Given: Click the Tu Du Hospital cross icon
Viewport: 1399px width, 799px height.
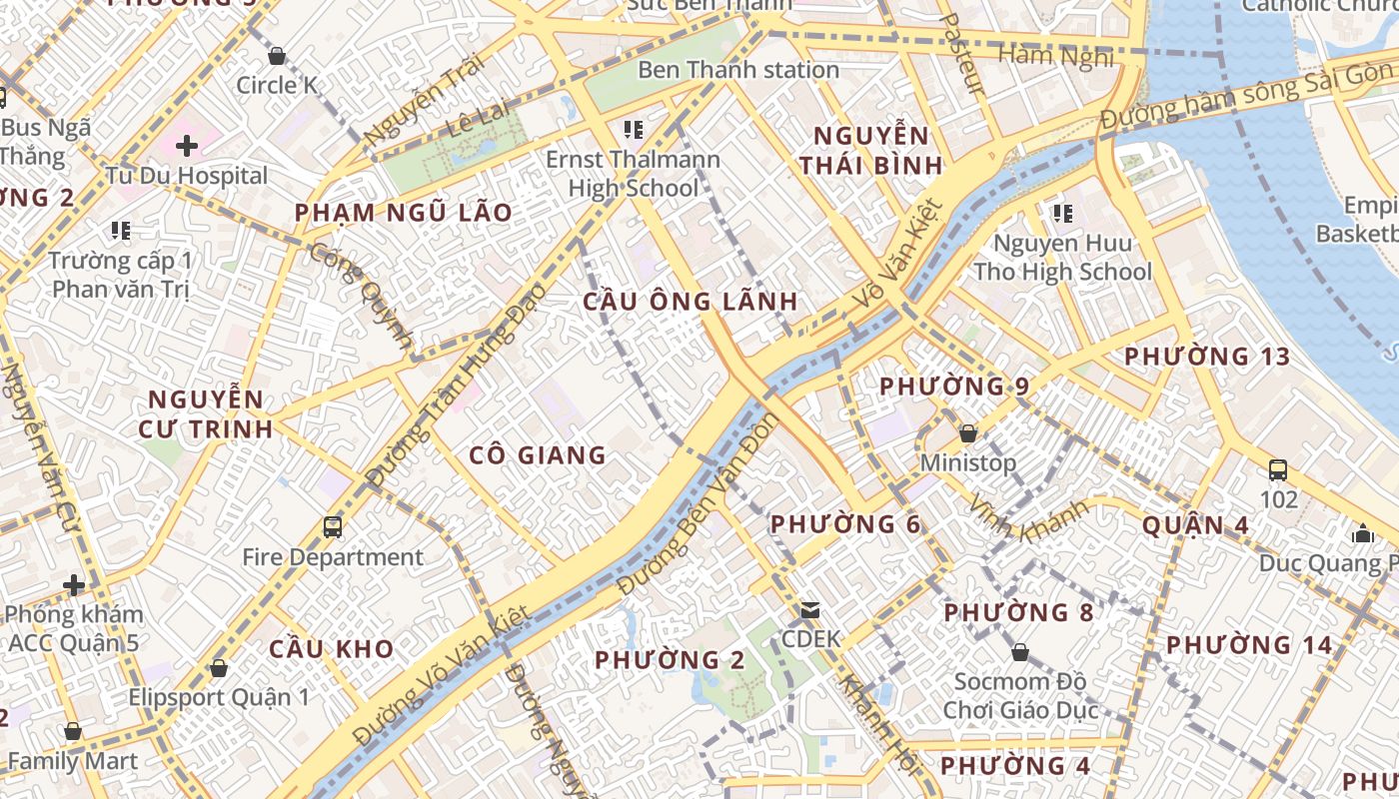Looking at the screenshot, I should [x=187, y=146].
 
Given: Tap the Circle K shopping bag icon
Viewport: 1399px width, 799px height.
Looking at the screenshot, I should [x=277, y=56].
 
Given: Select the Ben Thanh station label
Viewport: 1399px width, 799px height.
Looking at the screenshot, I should [x=737, y=70].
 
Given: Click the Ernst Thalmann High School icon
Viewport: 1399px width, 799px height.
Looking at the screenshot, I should [x=633, y=130].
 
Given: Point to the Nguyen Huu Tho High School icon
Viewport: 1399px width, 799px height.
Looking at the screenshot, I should [x=1062, y=213].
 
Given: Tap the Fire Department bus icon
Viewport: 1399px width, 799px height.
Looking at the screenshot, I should [x=333, y=526].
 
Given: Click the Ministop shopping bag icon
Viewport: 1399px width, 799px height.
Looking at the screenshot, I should [x=967, y=433].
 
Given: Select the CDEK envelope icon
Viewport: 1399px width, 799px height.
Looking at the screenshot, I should [x=810, y=609].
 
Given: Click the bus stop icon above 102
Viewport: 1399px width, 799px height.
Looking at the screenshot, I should [x=1277, y=469].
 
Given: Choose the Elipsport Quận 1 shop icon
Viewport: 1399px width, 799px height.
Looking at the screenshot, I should [x=219, y=667].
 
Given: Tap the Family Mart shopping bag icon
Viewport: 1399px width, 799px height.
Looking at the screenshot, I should [x=72, y=731].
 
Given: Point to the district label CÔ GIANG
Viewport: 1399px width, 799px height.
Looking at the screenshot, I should [x=538, y=455].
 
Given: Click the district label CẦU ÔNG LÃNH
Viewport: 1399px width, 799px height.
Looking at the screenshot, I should [x=691, y=302].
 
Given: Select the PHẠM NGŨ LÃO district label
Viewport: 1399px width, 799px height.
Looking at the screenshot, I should [x=403, y=213].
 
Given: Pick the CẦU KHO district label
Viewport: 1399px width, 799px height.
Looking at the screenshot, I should [x=331, y=649].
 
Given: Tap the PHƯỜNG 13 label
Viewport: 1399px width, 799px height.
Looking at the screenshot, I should [x=1207, y=357].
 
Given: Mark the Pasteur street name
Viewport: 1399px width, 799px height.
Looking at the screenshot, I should [x=964, y=55].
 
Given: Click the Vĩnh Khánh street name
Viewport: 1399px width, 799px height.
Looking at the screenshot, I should [x=1029, y=518].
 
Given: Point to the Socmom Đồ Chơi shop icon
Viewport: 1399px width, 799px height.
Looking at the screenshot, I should [x=1019, y=653].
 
